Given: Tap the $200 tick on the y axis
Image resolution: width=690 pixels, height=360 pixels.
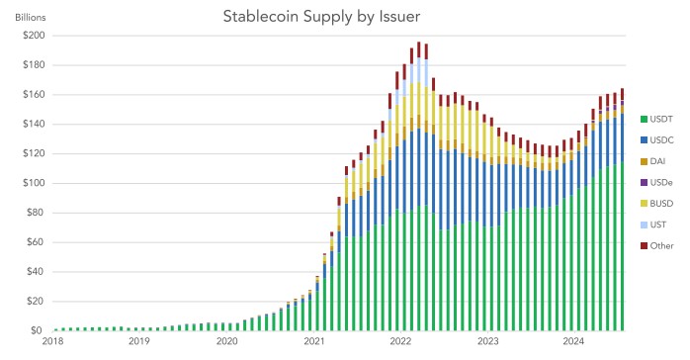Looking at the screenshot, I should (x=32, y=36).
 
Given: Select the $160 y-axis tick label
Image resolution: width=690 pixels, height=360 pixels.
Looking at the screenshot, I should (x=32, y=95).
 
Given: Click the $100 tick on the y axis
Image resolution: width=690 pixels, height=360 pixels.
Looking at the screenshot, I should (x=32, y=183).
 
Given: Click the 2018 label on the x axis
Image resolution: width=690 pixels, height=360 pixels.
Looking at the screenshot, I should (x=53, y=342).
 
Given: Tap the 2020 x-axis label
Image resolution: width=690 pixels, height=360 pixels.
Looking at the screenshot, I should (x=226, y=342).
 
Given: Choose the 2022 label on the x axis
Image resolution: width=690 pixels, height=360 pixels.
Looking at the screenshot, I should (x=399, y=342).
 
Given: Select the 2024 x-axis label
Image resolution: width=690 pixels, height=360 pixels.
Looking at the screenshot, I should (x=573, y=342).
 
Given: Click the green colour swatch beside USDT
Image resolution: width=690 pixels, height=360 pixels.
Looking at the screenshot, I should (x=643, y=120).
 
